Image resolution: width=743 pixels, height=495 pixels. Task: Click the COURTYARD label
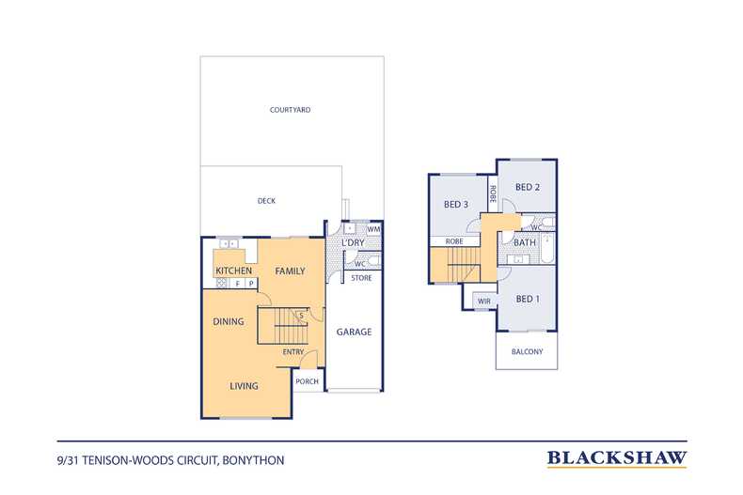(x=290, y=110)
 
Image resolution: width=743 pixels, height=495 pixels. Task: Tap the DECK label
(x=266, y=201)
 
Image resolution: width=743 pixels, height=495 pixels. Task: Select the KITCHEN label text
(x=233, y=271)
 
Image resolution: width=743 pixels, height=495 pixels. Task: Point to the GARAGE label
(x=354, y=332)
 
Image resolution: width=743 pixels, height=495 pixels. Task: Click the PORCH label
(x=307, y=381)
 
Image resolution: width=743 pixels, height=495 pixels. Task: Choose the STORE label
(x=361, y=278)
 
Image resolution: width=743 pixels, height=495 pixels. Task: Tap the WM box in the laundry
(x=374, y=229)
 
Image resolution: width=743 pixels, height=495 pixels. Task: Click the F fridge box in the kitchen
(x=238, y=284)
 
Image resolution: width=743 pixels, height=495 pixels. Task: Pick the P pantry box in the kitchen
(x=251, y=284)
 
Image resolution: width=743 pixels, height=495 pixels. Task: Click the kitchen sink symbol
(x=229, y=243)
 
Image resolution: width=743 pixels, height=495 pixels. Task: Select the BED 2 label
(x=528, y=187)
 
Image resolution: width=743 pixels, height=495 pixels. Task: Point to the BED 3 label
(x=456, y=204)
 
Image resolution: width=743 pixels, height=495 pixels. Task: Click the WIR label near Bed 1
(x=484, y=301)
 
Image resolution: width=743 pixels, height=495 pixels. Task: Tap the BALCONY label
(x=527, y=351)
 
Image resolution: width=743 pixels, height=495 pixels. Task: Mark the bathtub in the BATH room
(x=547, y=249)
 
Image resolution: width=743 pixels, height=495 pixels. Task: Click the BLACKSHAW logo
(x=617, y=458)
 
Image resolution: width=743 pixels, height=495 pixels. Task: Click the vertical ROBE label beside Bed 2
(x=492, y=194)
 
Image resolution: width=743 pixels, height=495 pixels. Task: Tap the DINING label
(x=229, y=321)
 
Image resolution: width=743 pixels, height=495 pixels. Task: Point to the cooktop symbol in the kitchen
(x=222, y=284)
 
